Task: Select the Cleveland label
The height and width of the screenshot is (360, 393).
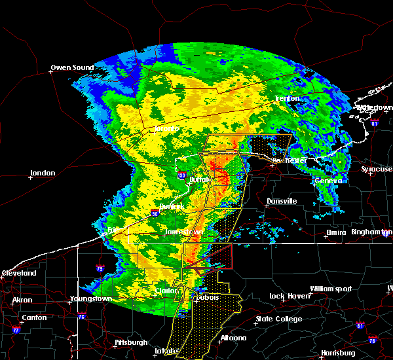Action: (18, 272)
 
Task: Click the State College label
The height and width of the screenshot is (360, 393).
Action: (279, 319)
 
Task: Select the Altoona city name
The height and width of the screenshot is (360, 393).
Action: (233, 338)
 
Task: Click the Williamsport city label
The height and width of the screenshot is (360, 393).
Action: (331, 289)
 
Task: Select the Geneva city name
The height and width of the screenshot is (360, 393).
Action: (327, 181)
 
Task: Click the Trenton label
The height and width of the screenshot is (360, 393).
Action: (287, 98)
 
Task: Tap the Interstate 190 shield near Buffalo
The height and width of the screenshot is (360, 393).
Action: (181, 175)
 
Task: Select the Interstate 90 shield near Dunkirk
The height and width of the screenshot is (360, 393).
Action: (155, 213)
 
